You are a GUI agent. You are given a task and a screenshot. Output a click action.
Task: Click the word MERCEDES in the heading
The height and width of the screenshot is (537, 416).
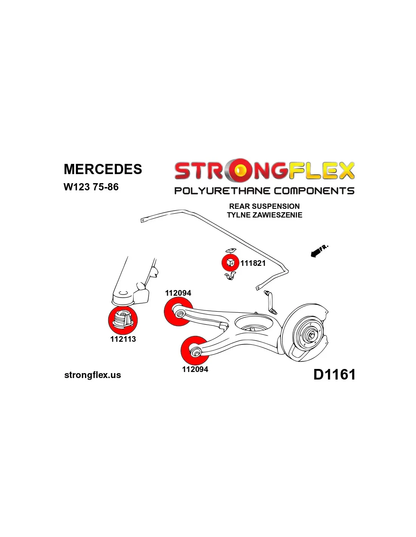(x=103, y=169)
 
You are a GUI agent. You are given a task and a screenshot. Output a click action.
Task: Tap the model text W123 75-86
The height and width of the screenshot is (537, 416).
(x=91, y=187)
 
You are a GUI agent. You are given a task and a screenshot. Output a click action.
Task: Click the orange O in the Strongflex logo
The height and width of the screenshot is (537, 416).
(x=239, y=171)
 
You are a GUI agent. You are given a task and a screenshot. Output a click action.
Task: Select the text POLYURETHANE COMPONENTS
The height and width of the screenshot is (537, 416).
(x=264, y=191)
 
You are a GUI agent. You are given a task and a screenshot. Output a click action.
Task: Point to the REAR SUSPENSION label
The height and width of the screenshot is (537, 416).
(x=264, y=206)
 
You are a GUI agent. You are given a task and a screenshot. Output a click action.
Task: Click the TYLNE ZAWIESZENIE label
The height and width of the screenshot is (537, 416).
(x=264, y=215)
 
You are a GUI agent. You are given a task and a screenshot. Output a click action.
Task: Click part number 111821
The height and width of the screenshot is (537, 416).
(x=253, y=263)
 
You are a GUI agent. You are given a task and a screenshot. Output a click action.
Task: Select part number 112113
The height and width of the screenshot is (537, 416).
(x=123, y=339)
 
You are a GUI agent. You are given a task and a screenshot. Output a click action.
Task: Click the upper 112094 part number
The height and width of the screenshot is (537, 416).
(x=178, y=293)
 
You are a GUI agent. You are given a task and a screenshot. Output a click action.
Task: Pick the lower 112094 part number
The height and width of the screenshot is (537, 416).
(x=195, y=369)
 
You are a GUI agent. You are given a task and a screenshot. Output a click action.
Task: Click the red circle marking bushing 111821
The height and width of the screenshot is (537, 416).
(x=230, y=263)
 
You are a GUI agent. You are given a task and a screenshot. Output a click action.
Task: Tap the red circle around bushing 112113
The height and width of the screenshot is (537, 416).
(x=123, y=320)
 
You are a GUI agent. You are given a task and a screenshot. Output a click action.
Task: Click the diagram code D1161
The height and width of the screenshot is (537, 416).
(x=334, y=375)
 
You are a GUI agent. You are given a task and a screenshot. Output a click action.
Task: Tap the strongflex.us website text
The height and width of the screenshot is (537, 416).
(x=93, y=375)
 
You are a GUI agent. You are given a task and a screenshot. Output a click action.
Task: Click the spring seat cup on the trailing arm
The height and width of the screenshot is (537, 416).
(x=253, y=325)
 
